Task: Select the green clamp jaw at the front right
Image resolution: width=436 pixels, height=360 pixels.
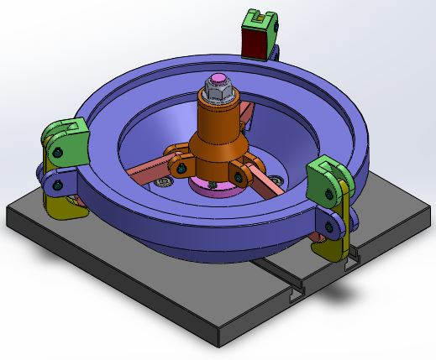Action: click(x=325, y=177)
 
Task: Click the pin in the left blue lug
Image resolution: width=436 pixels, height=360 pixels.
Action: click(x=56, y=178)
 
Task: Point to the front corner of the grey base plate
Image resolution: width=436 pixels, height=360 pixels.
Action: click(x=221, y=344)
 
